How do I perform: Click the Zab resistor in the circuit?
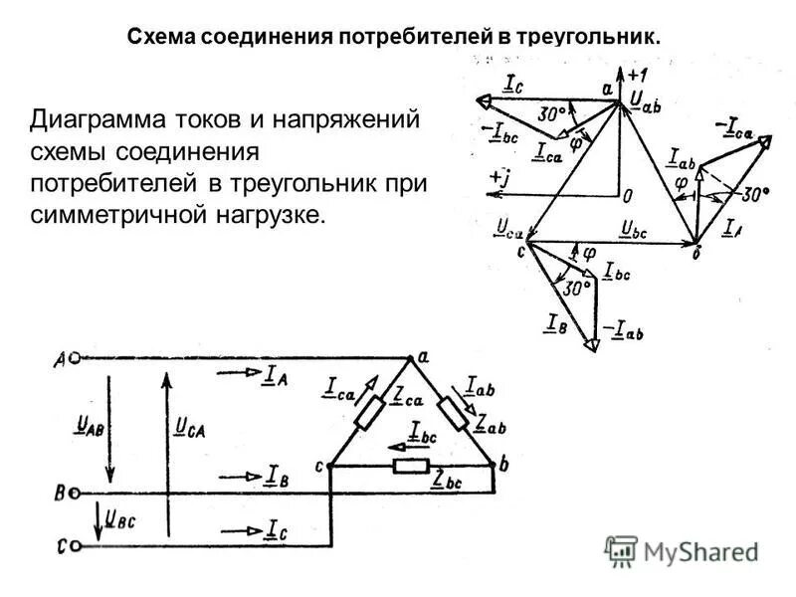[x=455, y=412]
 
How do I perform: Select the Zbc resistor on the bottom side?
[x=411, y=467]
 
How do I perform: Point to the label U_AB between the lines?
[x=89, y=426]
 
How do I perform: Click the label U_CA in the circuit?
[x=190, y=428]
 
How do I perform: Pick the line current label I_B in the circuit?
[x=278, y=477]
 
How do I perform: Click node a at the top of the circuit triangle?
[x=411, y=355]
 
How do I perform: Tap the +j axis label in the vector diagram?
[x=500, y=176]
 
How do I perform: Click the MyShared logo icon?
[x=621, y=551]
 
